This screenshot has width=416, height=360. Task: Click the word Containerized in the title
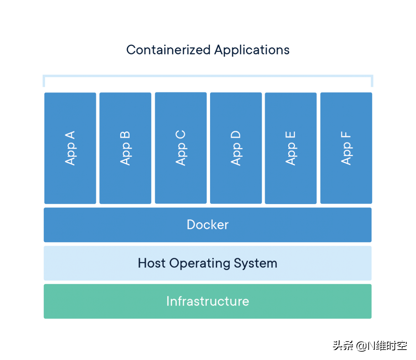tap(168, 50)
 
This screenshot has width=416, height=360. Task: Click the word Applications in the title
tap(252, 50)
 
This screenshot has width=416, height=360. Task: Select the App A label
tap(70, 148)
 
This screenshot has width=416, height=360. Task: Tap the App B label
tap(125, 148)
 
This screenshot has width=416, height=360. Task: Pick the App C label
tap(181, 148)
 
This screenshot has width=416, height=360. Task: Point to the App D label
tap(236, 148)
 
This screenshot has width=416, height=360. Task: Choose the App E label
tap(291, 148)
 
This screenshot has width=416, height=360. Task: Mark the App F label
tap(346, 148)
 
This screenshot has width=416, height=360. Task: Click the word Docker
tap(208, 225)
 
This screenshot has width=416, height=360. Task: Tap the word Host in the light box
tap(151, 263)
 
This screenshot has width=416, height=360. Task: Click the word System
tap(255, 263)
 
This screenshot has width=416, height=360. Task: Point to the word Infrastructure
tap(208, 301)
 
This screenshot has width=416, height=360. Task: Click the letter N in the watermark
tap(371, 345)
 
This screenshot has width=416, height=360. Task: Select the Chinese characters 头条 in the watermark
tap(342, 345)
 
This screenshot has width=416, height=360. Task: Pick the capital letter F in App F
tap(346, 135)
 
